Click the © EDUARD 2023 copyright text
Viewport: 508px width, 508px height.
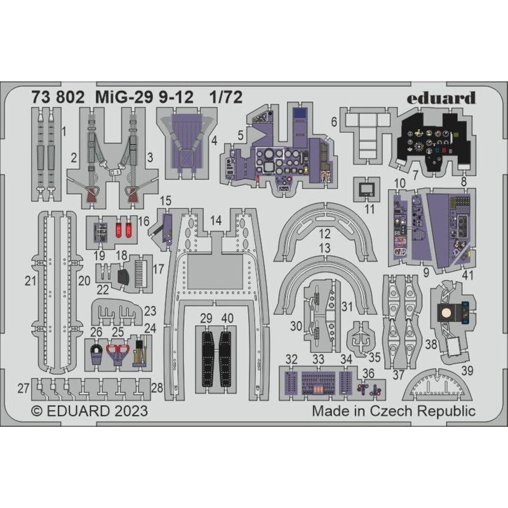click(x=90, y=411)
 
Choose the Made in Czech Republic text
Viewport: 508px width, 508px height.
click(x=393, y=411)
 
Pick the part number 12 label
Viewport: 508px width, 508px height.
click(x=324, y=232)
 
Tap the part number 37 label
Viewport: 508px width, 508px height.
click(x=398, y=375)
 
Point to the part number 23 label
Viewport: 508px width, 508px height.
click(x=150, y=311)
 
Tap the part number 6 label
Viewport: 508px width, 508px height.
click(x=333, y=120)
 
